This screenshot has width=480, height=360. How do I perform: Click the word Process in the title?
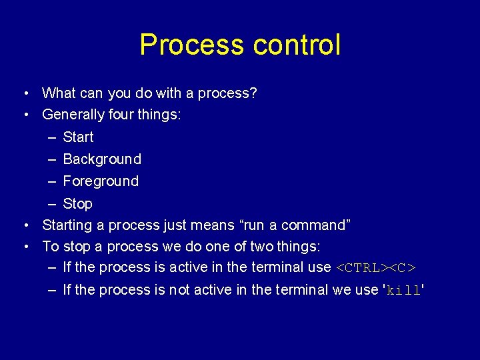pyautogui.click(x=192, y=45)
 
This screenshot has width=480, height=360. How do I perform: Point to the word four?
pyautogui.click(x=120, y=115)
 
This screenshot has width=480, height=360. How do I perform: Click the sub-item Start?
pyautogui.click(x=78, y=137)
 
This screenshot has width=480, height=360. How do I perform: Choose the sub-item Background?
pyautogui.click(x=102, y=159)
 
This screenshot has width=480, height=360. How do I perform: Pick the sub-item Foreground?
pyautogui.click(x=101, y=181)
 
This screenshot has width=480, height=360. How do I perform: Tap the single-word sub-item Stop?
pyautogui.click(x=77, y=204)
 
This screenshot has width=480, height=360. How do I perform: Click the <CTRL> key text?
pyautogui.click(x=361, y=268)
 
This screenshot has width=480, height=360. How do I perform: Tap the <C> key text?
pyautogui.click(x=402, y=268)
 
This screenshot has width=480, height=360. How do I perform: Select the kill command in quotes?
pyautogui.click(x=403, y=291)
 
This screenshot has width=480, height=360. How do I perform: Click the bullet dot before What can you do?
pyautogui.click(x=25, y=94)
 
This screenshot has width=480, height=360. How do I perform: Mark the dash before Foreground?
pyautogui.click(x=53, y=181)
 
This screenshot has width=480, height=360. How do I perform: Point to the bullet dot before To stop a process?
pyautogui.click(x=25, y=247)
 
